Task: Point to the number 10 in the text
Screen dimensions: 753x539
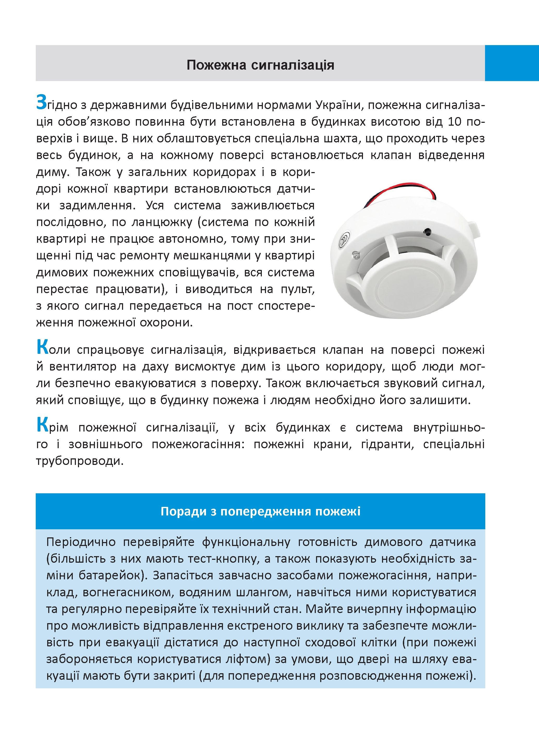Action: coord(455,122)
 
